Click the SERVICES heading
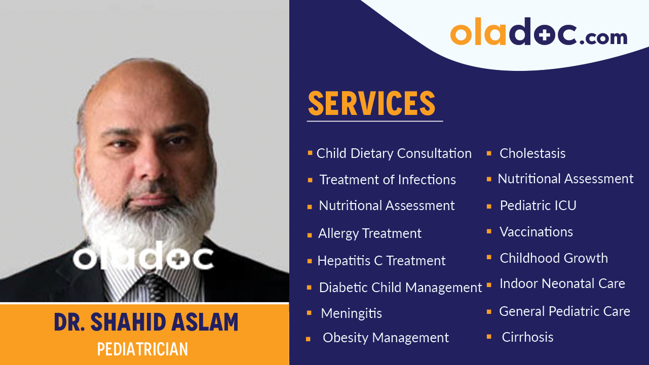click(371, 103)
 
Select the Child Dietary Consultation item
click(394, 153)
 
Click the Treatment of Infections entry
click(387, 180)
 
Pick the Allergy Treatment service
click(369, 233)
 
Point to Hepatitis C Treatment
click(381, 261)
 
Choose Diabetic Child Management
click(400, 288)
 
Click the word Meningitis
click(351, 313)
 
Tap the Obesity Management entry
click(386, 338)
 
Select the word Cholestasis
click(532, 153)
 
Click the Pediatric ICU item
click(538, 206)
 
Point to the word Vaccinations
click(536, 232)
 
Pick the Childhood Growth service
click(554, 258)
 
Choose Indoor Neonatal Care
click(562, 283)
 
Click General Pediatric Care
click(564, 311)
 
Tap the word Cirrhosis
click(527, 337)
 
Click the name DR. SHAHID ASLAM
click(146, 322)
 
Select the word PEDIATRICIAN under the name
click(142, 349)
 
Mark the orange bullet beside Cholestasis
click(489, 153)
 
